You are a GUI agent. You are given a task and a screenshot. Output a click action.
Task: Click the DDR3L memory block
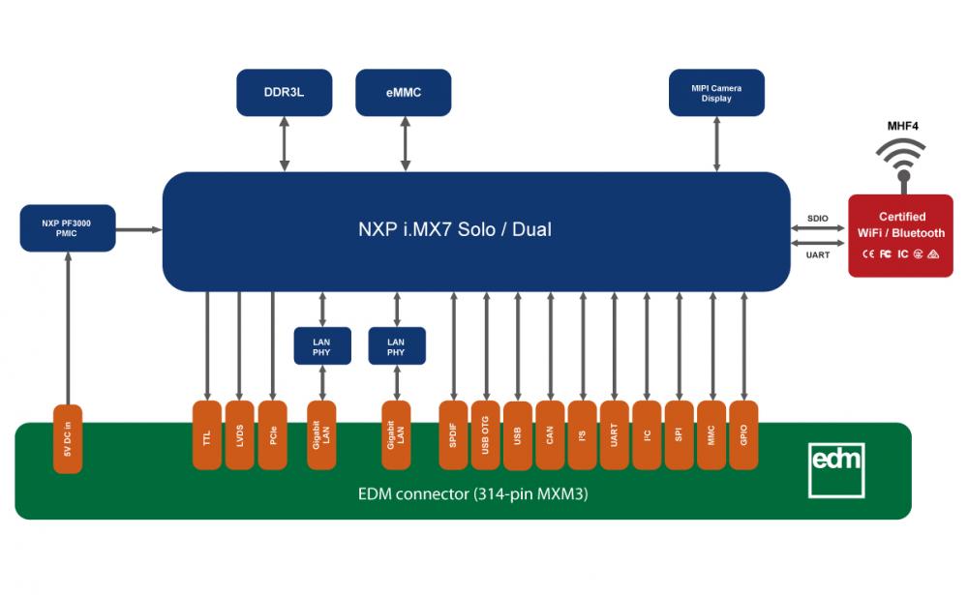coord(284,93)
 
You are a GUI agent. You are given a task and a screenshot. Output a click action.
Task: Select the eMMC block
coord(403,93)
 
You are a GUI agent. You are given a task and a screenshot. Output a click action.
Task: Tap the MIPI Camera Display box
coord(716,93)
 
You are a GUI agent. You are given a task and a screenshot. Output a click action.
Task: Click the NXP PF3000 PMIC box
coord(68,228)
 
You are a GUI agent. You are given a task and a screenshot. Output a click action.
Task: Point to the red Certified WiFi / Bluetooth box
coord(900,236)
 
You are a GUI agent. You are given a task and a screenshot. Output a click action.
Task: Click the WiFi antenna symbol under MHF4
coord(902,162)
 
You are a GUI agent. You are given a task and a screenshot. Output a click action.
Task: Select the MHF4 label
coord(902,126)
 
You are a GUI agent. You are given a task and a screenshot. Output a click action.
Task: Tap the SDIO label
coord(817,219)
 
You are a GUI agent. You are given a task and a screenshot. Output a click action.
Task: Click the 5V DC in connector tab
coord(68,439)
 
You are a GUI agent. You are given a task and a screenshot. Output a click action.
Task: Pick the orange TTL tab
coord(207,435)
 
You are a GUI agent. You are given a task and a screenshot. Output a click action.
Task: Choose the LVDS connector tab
coord(239,435)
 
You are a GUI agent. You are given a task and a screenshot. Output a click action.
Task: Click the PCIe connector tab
coord(272,435)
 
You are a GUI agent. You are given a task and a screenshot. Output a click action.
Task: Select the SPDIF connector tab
coord(453,435)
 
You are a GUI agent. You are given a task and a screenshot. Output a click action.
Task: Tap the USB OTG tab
coord(485,435)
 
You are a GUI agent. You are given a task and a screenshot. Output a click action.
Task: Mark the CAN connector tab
coord(550,435)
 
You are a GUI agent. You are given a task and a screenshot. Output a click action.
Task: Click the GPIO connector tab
coord(743,435)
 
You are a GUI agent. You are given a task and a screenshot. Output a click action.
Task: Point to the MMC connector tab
coord(711,435)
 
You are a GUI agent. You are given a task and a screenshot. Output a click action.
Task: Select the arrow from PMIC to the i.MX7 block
coord(138,229)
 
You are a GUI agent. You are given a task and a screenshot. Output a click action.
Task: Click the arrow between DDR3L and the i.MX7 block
coord(284,144)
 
